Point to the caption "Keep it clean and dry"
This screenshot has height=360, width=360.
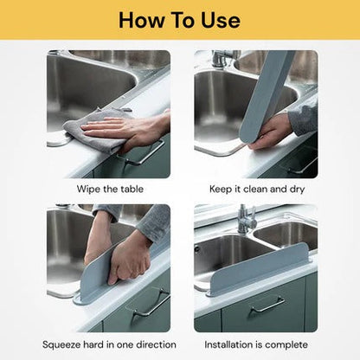[256, 187]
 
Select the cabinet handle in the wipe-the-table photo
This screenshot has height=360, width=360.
[143, 157]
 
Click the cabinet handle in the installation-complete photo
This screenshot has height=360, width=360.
[267, 304]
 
